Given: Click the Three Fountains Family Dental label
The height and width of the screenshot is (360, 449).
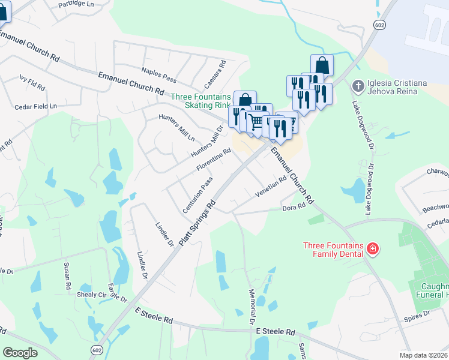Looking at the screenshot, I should pyautogui.click(x=333, y=249).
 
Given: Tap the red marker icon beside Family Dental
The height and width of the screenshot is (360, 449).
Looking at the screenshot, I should pyautogui.click(x=372, y=248).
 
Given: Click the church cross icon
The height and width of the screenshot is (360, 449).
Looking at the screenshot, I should pyautogui.click(x=358, y=86).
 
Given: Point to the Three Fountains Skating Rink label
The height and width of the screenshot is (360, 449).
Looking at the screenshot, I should pyautogui.click(x=200, y=101).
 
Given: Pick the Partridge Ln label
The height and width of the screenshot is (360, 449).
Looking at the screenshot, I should pyautogui.click(x=77, y=4).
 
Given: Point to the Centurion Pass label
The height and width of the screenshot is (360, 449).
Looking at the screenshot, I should pyautogui.click(x=199, y=194).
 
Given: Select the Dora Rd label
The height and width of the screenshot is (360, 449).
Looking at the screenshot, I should pyautogui.click(x=294, y=208).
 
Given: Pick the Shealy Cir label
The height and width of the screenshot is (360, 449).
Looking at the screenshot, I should pyautogui.click(x=91, y=295).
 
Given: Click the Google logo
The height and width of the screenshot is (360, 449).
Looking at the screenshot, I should pyautogui.click(x=20, y=353).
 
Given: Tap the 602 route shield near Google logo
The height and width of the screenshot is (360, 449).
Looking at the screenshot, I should pyautogui.click(x=98, y=350).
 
